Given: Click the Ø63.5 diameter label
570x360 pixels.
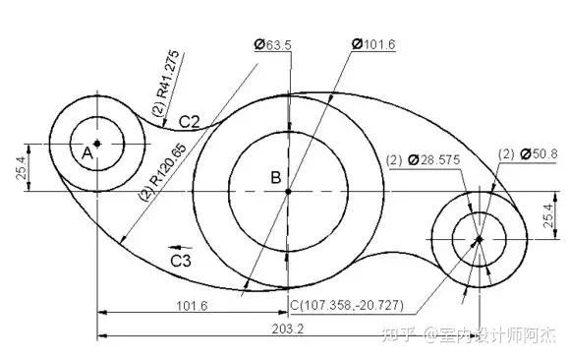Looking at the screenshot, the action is pyautogui.click(x=273, y=45).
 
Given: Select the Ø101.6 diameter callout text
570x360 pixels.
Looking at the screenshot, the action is pyautogui.click(x=373, y=44).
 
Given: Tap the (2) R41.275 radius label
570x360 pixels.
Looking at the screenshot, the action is pyautogui.click(x=166, y=83).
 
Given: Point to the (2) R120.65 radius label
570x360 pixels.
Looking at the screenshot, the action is pyautogui.click(x=163, y=171).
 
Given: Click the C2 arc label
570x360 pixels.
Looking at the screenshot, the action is pyautogui.click(x=190, y=122).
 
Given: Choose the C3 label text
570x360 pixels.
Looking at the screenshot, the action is pyautogui.click(x=181, y=261).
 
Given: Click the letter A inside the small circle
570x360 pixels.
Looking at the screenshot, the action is pyautogui.click(x=87, y=153).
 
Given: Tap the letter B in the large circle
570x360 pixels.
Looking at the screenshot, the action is pyautogui.click(x=276, y=177).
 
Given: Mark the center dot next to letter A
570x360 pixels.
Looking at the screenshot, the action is pyautogui.click(x=97, y=144).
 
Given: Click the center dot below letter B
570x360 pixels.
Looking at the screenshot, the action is pyautogui.click(x=288, y=191).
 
